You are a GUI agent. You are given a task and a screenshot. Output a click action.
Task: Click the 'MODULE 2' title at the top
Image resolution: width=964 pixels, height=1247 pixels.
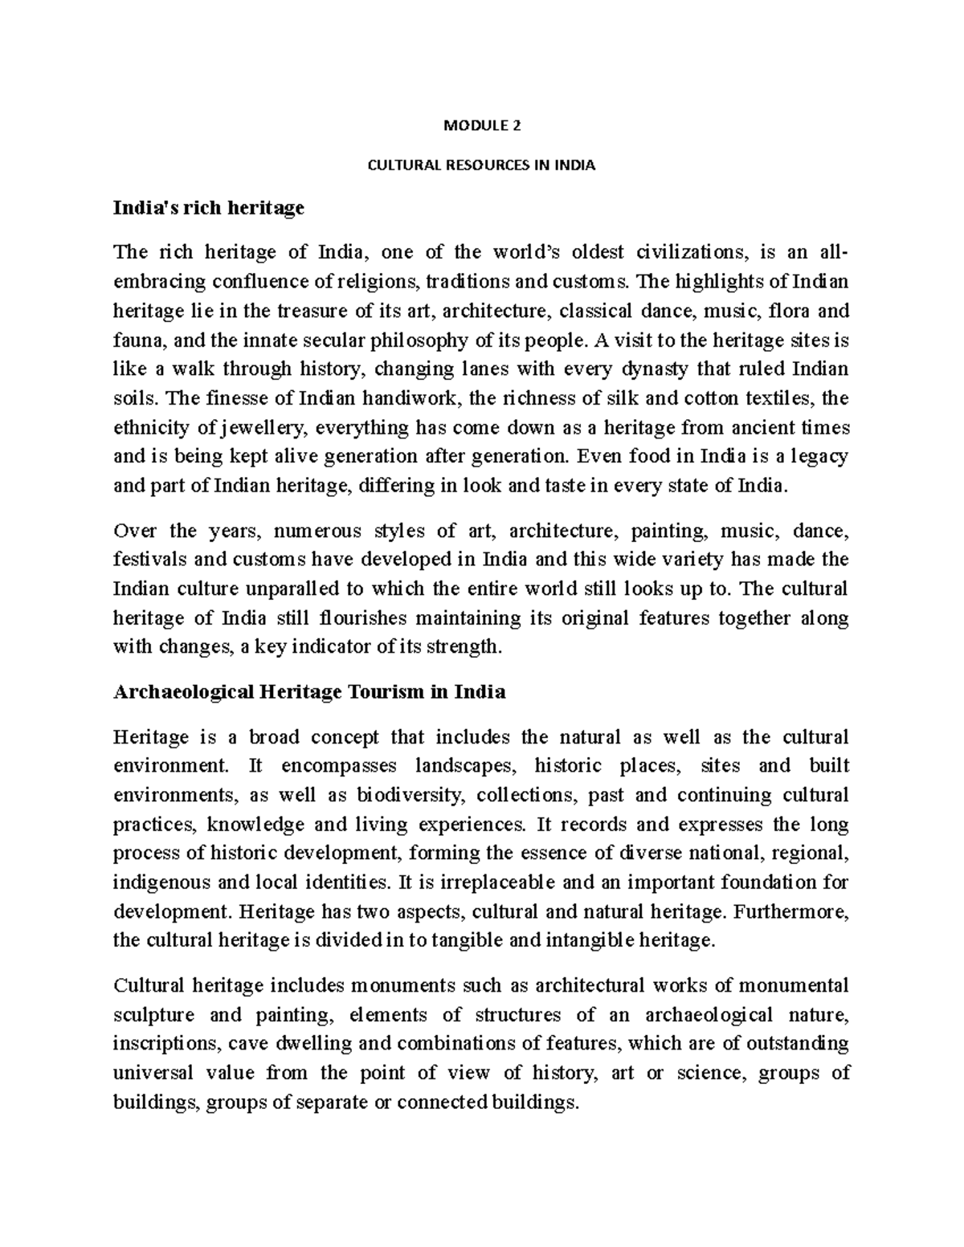[481, 125]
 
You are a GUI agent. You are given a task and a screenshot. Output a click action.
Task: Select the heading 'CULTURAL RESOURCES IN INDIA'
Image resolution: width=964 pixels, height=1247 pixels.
[481, 166]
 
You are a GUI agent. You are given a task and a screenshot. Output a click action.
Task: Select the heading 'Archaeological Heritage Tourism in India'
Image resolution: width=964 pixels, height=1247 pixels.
[309, 692]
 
